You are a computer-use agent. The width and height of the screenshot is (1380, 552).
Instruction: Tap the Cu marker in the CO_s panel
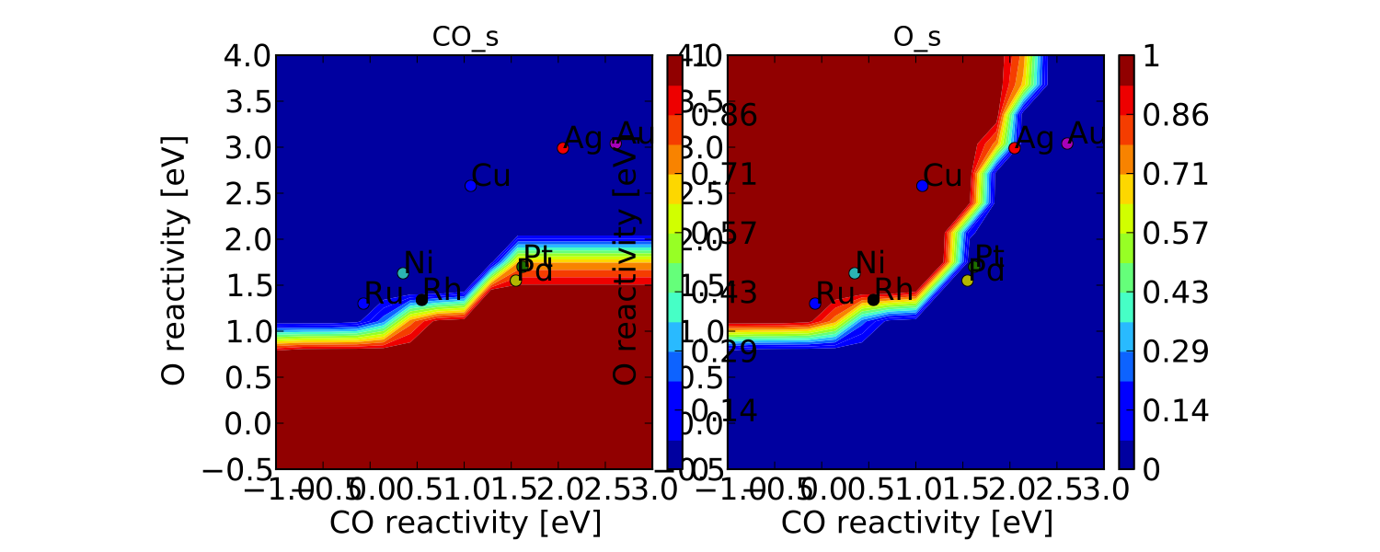pos(471,186)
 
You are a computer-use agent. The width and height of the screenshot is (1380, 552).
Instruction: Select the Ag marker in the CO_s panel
pos(563,148)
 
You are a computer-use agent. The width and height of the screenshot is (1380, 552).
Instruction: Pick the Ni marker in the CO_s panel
pos(403,273)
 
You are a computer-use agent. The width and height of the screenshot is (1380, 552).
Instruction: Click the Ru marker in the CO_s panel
pos(364,304)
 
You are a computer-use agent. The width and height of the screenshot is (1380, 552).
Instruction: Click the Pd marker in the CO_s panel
pos(515,281)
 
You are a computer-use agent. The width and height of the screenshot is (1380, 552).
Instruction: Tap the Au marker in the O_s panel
pos(1067,144)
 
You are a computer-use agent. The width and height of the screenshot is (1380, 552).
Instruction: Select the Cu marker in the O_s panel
pos(922,186)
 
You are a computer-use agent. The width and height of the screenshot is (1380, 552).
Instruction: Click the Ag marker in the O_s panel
pos(1015,148)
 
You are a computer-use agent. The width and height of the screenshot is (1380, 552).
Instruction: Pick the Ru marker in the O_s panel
pos(815,304)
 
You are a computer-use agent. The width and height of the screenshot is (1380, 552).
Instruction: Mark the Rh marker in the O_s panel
pos(873,300)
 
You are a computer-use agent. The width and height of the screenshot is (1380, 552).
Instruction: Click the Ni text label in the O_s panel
pos(870,262)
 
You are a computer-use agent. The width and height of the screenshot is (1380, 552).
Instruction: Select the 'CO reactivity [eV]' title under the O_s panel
pos(916,523)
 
